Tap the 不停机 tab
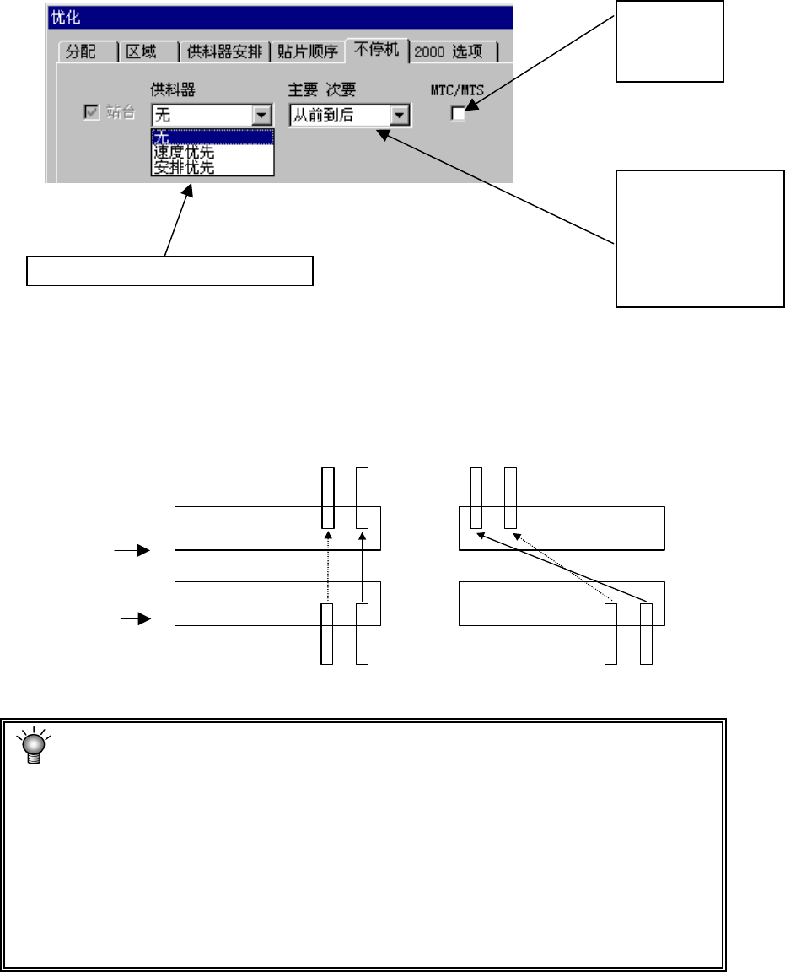[377, 51]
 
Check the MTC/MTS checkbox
[458, 114]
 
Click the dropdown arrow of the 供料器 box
[262, 116]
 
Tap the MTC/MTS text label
[455, 89]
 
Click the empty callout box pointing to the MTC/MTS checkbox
[669, 40]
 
